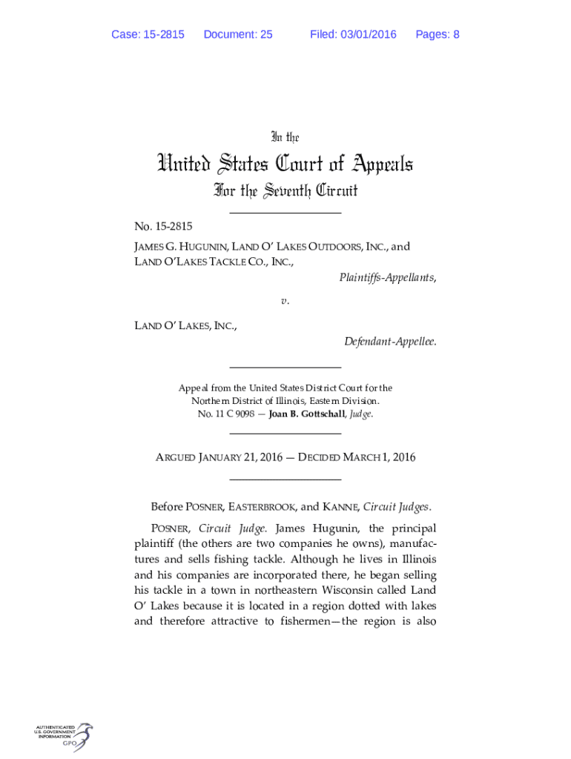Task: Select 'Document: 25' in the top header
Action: pos(237,34)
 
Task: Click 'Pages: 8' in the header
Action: pos(438,34)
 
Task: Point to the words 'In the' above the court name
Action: pos(285,137)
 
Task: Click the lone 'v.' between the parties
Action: pos(285,302)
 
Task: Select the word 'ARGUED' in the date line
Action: pos(174,457)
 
